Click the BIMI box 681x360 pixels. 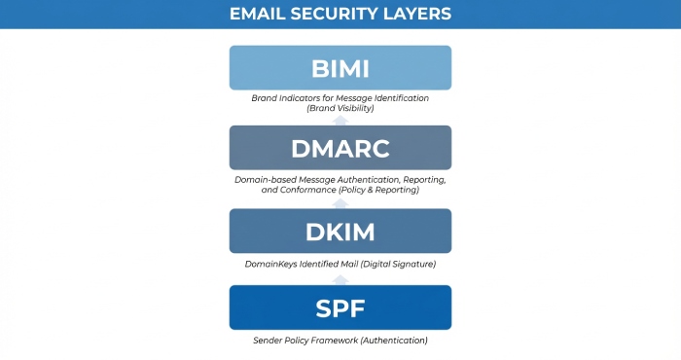click(x=340, y=68)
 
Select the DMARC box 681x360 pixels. click(x=340, y=148)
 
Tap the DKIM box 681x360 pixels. click(x=340, y=231)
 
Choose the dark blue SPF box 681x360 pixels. click(x=340, y=307)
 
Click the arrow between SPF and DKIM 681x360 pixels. click(x=340, y=278)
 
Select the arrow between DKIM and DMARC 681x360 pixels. click(x=340, y=200)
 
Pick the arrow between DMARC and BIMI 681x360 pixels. click(x=340, y=119)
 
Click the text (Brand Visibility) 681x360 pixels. click(x=340, y=108)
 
